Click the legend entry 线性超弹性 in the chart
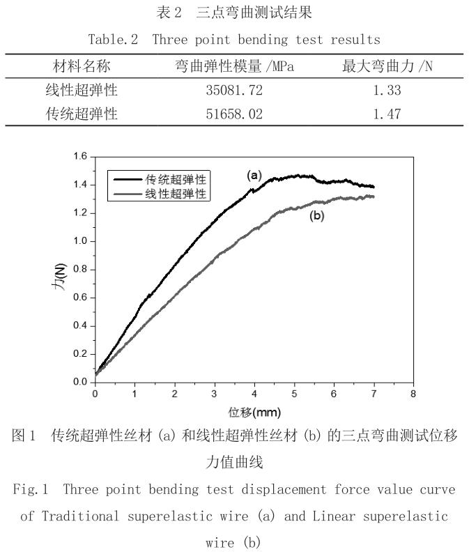175,194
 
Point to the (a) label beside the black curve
254,176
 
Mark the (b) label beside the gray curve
317,216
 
